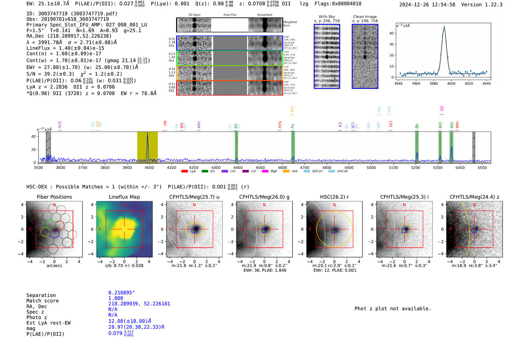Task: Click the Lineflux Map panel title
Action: click(x=124, y=197)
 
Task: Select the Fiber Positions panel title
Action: click(x=54, y=197)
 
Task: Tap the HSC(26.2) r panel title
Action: click(x=334, y=197)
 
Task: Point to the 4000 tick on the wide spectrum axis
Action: click(x=149, y=167)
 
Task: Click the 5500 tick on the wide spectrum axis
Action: click(x=482, y=167)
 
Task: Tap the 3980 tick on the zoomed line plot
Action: click(x=433, y=83)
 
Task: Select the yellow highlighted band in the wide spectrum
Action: click(x=147, y=147)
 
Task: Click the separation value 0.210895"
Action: click(x=121, y=293)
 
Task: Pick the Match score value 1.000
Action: click(x=116, y=298)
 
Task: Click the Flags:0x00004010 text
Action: click(x=338, y=4)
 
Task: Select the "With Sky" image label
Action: click(x=327, y=17)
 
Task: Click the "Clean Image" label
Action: click(x=365, y=17)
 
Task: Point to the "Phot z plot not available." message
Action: click(x=393, y=309)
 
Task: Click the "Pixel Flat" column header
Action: click(x=230, y=15)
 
